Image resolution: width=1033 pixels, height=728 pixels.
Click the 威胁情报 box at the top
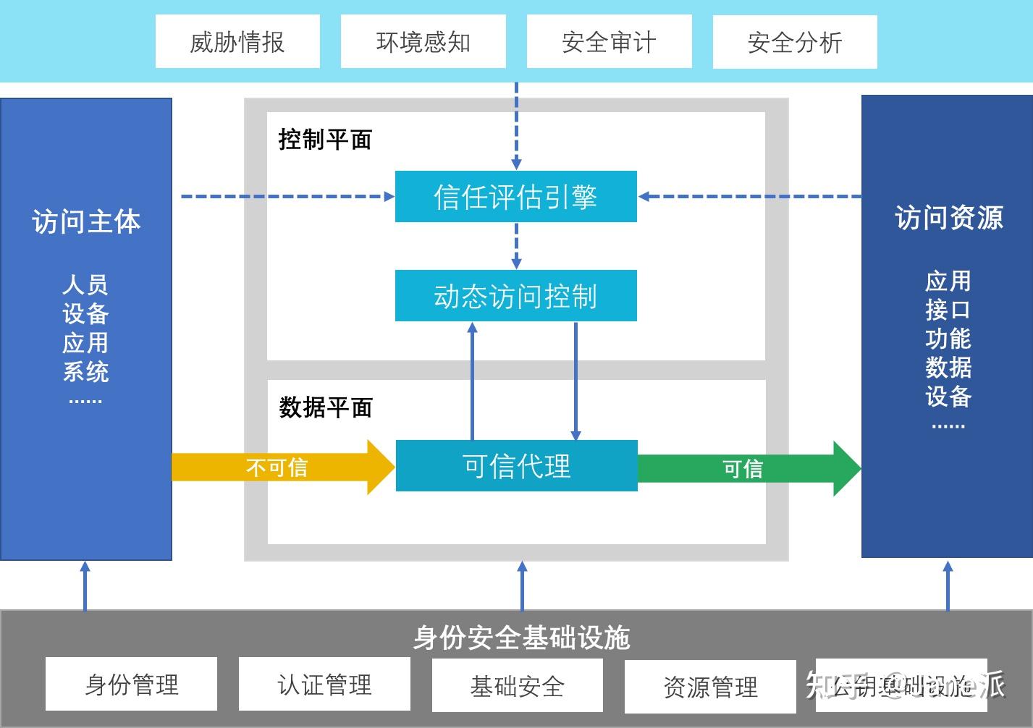[237, 42]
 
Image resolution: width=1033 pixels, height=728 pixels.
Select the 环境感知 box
[423, 42]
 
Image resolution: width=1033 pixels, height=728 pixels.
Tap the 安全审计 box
[609, 42]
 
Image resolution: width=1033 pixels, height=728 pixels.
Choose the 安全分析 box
[794, 42]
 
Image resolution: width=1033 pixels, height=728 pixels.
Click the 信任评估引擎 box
[515, 196]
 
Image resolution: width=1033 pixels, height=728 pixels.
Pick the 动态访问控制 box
[515, 296]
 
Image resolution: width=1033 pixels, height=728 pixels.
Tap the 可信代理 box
[516, 465]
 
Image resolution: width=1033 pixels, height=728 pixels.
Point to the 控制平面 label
[325, 139]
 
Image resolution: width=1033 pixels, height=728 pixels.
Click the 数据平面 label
[326, 407]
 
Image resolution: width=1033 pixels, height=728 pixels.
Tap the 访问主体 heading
[85, 221]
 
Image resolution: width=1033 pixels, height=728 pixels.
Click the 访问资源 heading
[948, 217]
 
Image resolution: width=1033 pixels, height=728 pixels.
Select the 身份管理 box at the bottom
[131, 684]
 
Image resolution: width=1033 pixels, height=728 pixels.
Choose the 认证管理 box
[324, 684]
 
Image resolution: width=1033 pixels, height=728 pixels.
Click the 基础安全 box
[517, 685]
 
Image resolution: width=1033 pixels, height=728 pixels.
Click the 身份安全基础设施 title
[521, 638]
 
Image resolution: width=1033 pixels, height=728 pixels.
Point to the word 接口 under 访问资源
[948, 310]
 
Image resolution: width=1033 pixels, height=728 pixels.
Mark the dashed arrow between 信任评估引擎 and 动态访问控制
[516, 246]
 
